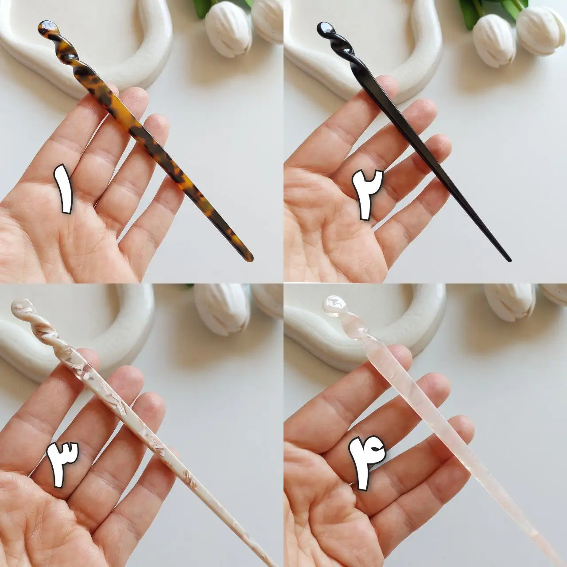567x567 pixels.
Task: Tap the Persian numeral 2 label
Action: pos(367,194)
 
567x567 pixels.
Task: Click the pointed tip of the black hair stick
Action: pos(509,260)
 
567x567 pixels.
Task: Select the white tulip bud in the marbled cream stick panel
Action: pos(222,309)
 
